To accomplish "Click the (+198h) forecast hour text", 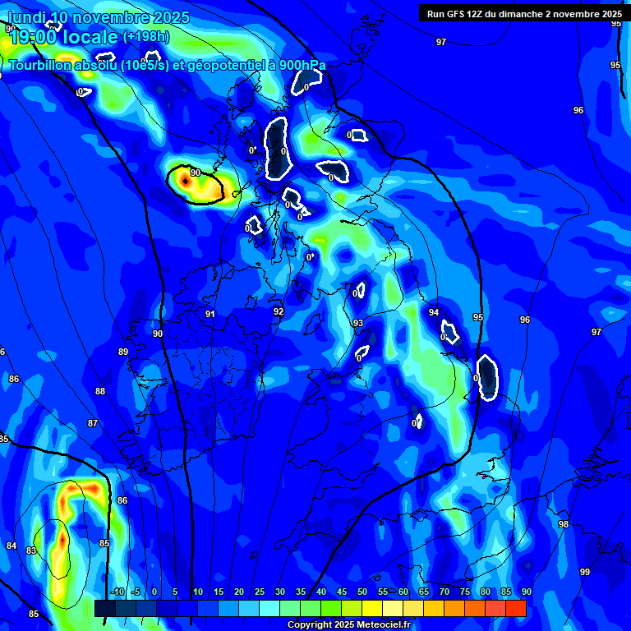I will (x=145, y=36).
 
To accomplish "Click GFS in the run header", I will (x=460, y=14).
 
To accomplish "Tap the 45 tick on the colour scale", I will (x=341, y=592).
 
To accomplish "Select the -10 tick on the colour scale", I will (x=117, y=592).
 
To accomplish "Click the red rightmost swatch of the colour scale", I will (x=516, y=608).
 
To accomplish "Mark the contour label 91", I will (x=210, y=314).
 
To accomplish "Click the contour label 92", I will (x=279, y=311).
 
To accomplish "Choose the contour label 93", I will (x=357, y=323).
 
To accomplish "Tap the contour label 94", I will (x=433, y=312).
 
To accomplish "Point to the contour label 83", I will (x=31, y=550).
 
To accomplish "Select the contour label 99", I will (x=584, y=572).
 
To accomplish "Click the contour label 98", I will (x=563, y=524).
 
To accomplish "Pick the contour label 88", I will (x=100, y=391).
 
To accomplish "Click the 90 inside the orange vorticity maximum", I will (x=195, y=173).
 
